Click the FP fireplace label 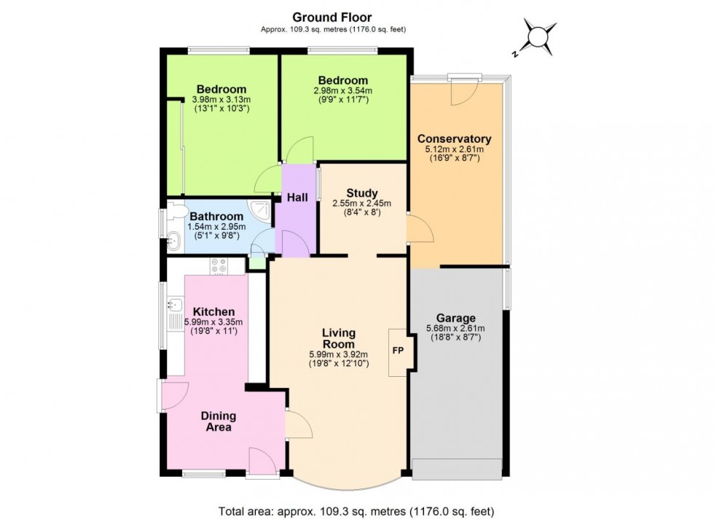(x=398, y=351)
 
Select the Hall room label (x=297, y=198)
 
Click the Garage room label (x=456, y=318)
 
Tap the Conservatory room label (x=454, y=138)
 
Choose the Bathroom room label (x=216, y=216)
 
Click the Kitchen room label (x=213, y=312)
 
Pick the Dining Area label (x=219, y=421)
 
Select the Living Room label (x=339, y=338)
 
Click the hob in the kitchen (x=219, y=266)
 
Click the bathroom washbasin (x=174, y=239)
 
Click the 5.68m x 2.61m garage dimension (x=456, y=329)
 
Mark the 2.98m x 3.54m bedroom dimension (x=343, y=90)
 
